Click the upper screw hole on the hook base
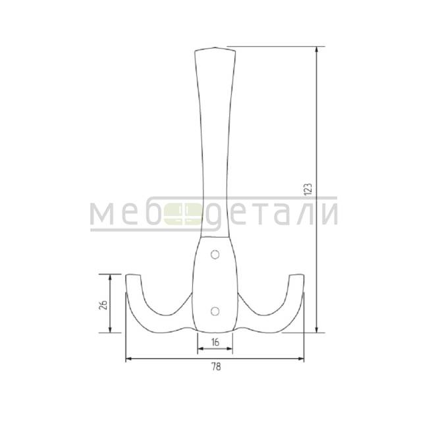click(215, 255)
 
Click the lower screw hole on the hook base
click(215, 311)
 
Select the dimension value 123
click(308, 189)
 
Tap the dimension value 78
click(215, 367)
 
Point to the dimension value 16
click(215, 342)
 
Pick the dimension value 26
click(103, 304)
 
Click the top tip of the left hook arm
click(133, 275)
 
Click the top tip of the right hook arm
click(297, 275)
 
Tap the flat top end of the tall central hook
click(215, 49)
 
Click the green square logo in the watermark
click(183, 214)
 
